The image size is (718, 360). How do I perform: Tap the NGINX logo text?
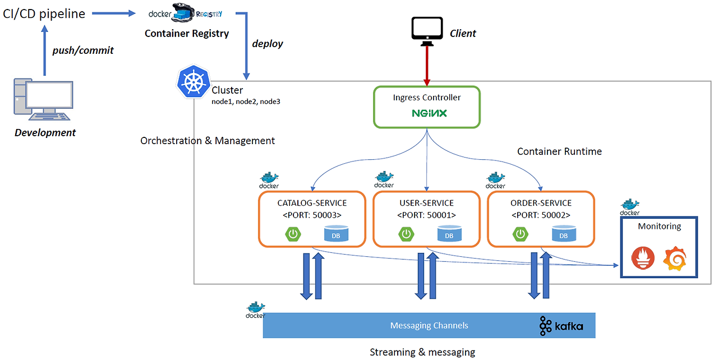429,113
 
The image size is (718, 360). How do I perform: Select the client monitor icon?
427,30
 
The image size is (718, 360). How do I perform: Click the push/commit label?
83,50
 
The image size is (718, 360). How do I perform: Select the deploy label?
268,43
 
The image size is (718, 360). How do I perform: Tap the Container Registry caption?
187,33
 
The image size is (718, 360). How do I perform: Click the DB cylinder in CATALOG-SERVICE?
335,234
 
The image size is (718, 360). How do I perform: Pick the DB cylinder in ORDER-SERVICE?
563,234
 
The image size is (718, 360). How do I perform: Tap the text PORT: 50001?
426,215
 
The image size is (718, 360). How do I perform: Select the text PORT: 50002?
541,215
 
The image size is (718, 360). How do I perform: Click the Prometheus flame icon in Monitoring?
642,259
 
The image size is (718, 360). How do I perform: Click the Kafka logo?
561,326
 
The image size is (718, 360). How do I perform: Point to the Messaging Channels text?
429,325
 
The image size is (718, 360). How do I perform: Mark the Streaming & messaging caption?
422,352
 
